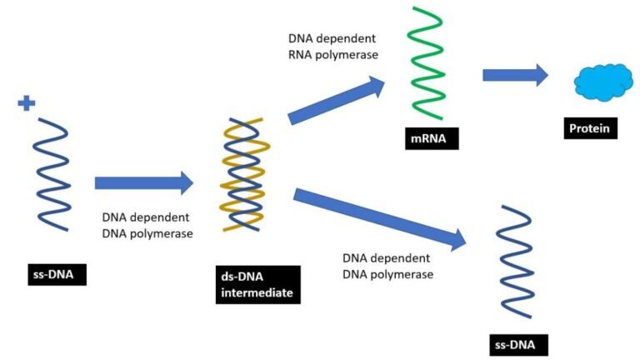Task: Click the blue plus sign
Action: point(27,103)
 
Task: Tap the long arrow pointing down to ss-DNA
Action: point(379,217)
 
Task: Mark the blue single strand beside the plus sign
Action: point(52,175)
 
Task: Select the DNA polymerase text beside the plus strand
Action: point(147,225)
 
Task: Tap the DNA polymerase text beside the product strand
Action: point(387,265)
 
